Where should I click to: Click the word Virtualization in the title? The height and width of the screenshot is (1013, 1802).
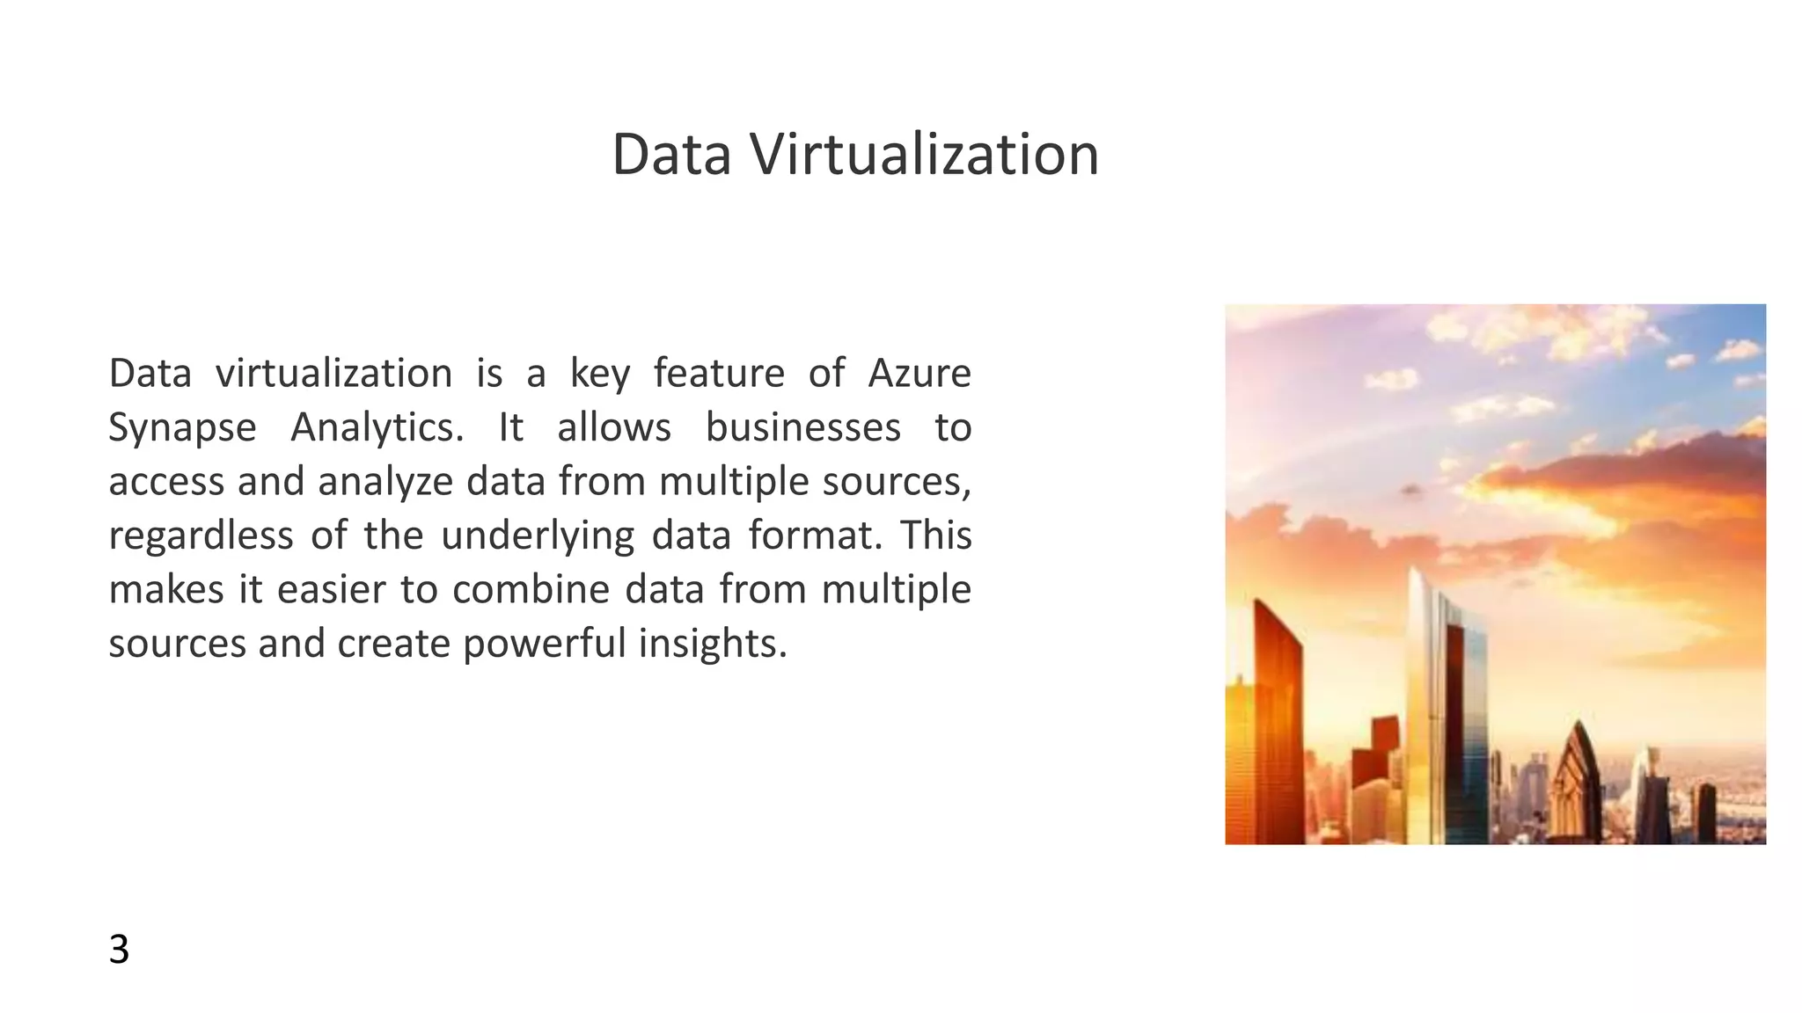coord(924,155)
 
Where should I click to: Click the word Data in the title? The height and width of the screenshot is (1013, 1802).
coord(671,155)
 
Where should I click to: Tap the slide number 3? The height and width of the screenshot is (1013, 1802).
coord(119,950)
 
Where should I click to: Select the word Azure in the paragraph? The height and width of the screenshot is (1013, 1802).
coord(919,373)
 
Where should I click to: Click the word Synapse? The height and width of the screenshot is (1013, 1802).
coord(182,428)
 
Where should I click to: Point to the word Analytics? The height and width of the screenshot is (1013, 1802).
coord(377,428)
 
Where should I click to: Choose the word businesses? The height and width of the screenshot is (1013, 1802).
coord(802,428)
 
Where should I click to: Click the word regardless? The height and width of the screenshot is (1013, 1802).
coord(201,536)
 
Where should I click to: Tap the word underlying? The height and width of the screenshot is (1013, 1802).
coord(537,536)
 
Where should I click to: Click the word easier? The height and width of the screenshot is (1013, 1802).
coord(331,589)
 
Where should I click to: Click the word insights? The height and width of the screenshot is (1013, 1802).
coord(712,644)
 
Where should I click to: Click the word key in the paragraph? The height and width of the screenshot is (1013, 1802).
coord(600,375)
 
